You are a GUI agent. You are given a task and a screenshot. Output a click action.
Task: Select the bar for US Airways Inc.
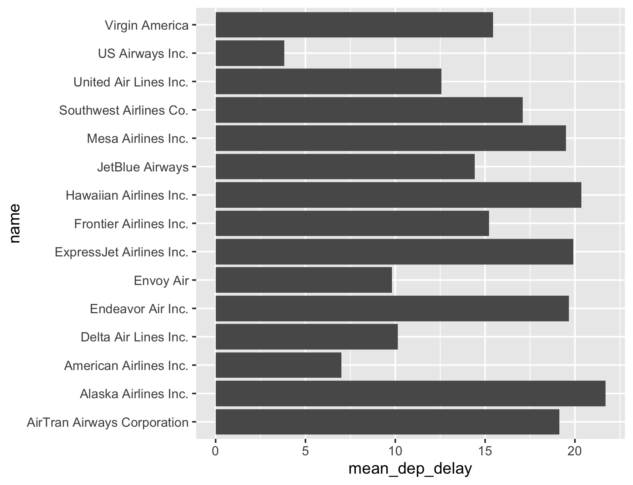(x=250, y=53)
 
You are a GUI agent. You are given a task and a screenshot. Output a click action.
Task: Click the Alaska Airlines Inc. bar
(x=410, y=394)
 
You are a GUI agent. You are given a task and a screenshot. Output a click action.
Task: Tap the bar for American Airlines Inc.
(x=278, y=365)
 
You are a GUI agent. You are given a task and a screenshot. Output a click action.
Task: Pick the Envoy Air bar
(x=304, y=280)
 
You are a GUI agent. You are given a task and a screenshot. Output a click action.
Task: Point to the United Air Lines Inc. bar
(x=329, y=82)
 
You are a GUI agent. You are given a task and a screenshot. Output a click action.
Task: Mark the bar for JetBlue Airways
(x=345, y=167)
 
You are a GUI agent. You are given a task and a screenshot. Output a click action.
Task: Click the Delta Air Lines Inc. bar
(x=307, y=337)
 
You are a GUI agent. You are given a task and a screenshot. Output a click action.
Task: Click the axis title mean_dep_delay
(x=410, y=470)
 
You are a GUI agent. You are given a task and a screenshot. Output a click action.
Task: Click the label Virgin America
(x=147, y=25)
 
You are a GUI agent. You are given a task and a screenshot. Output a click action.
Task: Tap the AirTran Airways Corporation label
(x=108, y=423)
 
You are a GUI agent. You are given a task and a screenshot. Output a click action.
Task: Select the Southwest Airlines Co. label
(x=124, y=110)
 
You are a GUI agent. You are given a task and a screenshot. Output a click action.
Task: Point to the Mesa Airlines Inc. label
(x=138, y=138)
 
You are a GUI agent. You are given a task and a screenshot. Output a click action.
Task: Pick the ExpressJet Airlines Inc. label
(x=122, y=252)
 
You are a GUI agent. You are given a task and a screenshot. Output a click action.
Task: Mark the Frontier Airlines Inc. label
(x=131, y=223)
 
